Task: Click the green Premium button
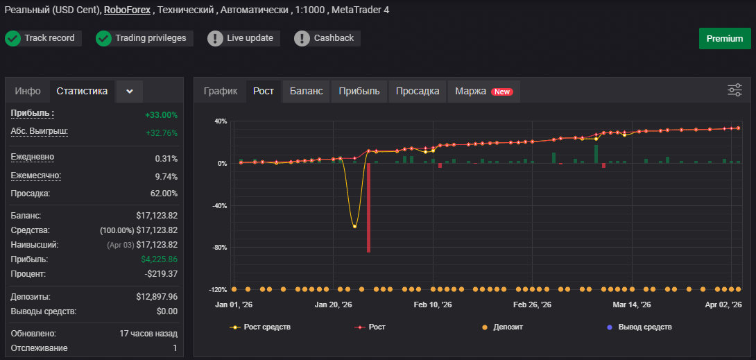point(725,39)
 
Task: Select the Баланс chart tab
point(306,91)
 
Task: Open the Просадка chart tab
point(418,91)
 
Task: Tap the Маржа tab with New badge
point(484,91)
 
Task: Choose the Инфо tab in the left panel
point(28,91)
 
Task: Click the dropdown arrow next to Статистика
point(129,92)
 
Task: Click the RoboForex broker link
point(127,10)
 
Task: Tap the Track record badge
point(43,38)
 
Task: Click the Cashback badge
point(327,38)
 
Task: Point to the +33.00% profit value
point(161,115)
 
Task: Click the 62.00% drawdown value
point(164,194)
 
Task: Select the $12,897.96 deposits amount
point(157,297)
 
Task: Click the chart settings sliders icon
point(734,90)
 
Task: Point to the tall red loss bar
point(368,207)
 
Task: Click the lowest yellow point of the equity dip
point(354,226)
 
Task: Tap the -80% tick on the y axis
point(220,248)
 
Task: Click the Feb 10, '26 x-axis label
point(433,305)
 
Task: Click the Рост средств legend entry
point(260,327)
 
